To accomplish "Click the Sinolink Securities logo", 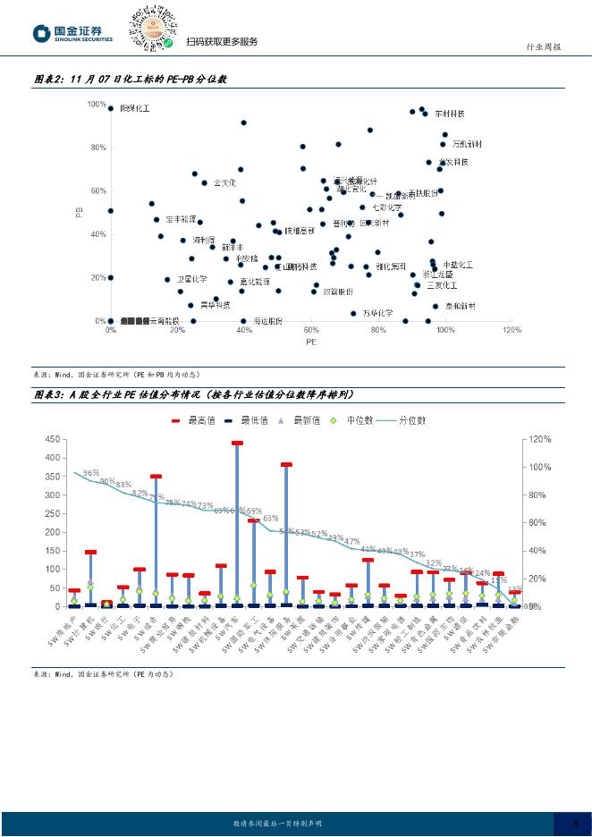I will point(73,34).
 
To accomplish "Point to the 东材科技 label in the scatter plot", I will point(450,114).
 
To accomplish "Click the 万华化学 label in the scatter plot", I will point(377,313).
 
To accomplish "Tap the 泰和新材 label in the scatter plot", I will point(460,306).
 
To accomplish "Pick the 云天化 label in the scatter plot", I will point(224,182).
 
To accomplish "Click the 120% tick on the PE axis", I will point(512,331).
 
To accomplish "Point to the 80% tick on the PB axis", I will point(97,148).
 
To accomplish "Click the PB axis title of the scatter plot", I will point(79,213).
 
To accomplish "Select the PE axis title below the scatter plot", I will point(311,342).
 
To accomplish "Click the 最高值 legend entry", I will point(198,419).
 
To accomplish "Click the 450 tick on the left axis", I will point(51,439).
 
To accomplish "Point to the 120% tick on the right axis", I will point(540,439).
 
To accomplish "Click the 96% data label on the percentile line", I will point(91,473).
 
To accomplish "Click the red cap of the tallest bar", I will point(237,443).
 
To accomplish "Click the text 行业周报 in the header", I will point(542,47).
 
